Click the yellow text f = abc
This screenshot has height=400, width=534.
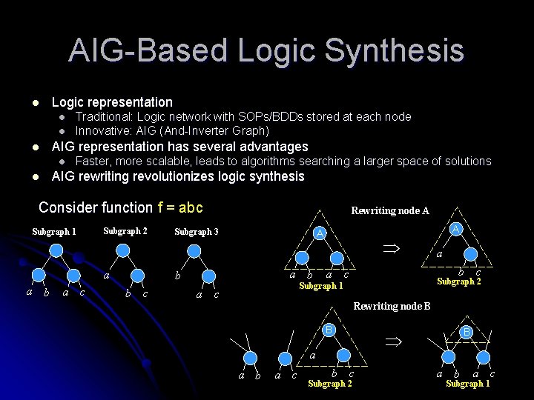pos(179,207)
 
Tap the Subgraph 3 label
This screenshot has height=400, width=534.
pos(196,232)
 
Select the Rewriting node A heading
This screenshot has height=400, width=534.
pos(389,210)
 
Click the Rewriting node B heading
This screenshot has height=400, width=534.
pos(392,305)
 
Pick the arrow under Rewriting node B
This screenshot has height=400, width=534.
pos(392,342)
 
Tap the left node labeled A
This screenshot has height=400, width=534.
pos(320,233)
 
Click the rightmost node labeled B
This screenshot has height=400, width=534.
pos(467,332)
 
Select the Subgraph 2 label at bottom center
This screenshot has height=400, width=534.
pos(330,383)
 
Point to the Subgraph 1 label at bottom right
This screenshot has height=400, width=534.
pos(468,383)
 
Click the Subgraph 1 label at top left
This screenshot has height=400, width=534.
pos(54,231)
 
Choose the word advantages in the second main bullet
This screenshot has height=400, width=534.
pos(268,147)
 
